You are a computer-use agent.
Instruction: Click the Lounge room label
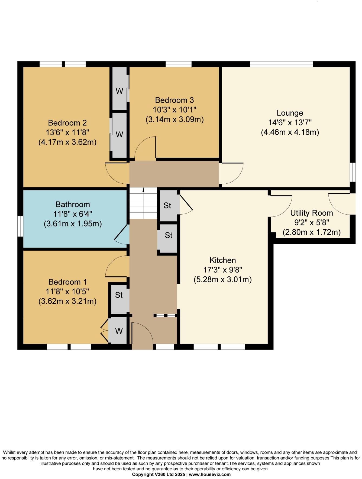(290, 113)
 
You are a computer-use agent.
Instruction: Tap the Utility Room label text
(312, 213)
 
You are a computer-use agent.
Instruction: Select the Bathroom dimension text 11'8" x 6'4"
(73, 214)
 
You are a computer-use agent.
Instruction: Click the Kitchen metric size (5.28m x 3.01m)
(222, 279)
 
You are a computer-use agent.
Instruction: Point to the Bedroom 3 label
(174, 100)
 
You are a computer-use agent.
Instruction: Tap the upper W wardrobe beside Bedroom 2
(119, 91)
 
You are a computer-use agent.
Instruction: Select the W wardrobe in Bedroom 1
(119, 331)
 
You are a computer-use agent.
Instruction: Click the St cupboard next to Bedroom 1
(119, 295)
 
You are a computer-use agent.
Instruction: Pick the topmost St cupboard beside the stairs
(167, 206)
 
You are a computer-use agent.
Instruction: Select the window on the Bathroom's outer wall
(20, 226)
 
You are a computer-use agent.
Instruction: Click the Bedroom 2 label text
(67, 123)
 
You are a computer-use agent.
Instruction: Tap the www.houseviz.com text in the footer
(210, 474)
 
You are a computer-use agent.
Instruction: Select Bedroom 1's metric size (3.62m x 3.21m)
(67, 301)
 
